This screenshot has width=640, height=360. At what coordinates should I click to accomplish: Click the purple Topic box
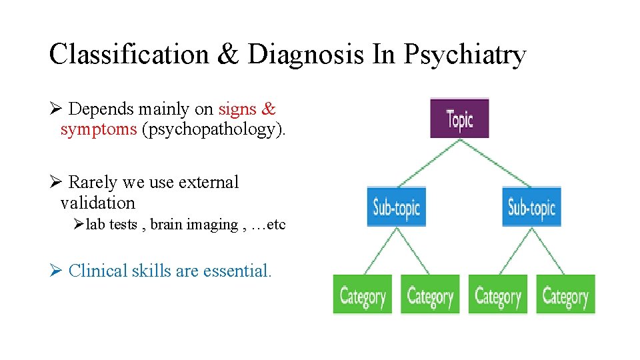coord(459,119)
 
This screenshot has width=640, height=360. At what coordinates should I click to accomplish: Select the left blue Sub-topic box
coord(396,207)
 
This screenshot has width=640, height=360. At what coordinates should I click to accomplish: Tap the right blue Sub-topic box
coord(531,207)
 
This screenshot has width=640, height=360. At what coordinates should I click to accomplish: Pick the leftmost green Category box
coord(363,295)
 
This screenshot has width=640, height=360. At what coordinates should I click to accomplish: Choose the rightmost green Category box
coord(565,295)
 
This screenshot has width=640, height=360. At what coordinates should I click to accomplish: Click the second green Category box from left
coord(430,295)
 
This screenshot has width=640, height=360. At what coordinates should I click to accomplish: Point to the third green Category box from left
coord(497,295)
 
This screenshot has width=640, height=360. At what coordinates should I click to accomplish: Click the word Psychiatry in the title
coord(464,55)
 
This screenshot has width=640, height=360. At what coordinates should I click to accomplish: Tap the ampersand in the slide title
coord(227,55)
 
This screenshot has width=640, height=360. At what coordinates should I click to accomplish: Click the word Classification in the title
coord(129,55)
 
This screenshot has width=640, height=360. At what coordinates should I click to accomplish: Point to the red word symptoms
coord(98,129)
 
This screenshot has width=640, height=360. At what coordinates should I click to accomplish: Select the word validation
coord(97,203)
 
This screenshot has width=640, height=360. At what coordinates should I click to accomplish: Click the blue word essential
coord(237,271)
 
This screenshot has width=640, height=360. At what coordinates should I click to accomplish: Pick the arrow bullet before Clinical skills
coord(56,271)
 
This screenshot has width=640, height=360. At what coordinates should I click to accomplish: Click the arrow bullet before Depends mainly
coord(56,109)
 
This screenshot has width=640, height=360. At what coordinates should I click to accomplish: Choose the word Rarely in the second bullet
coord(93,182)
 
